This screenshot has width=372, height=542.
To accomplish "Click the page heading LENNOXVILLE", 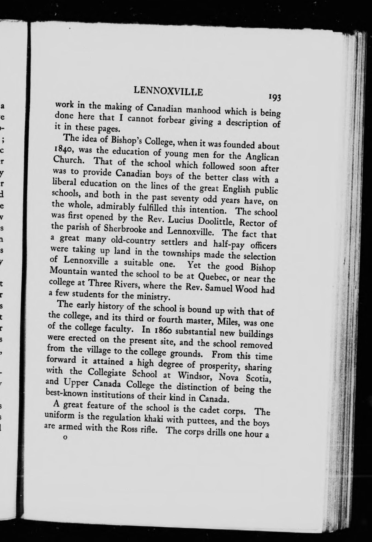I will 168,91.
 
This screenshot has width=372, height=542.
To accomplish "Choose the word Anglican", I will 262,157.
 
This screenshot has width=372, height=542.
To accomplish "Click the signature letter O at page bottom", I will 65,438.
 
